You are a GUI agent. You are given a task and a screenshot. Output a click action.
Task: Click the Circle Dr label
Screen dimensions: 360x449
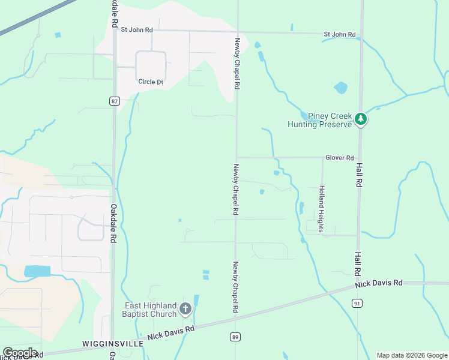click(151, 82)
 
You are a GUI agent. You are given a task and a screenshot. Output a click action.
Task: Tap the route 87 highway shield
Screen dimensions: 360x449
click(114, 101)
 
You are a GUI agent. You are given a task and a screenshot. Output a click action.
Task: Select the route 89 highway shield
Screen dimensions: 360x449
click(235, 337)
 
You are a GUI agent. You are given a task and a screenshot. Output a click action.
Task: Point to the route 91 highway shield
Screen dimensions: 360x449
click(358, 304)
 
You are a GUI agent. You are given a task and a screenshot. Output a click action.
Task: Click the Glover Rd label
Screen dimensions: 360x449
click(339, 158)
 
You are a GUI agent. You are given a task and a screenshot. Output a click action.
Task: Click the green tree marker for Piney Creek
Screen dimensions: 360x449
click(360, 119)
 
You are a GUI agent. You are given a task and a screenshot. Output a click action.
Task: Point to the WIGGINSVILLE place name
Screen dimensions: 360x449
click(113, 344)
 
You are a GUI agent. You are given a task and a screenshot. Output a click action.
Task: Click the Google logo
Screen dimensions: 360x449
click(20, 353)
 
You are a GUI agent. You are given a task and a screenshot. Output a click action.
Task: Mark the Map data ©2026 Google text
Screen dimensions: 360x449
click(411, 355)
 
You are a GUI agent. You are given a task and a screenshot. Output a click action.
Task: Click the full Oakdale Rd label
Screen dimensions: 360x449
click(113, 223)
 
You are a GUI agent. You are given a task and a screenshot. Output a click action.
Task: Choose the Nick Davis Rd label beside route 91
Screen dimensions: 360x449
click(378, 283)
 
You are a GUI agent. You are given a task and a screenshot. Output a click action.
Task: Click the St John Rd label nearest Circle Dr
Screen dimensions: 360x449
click(137, 29)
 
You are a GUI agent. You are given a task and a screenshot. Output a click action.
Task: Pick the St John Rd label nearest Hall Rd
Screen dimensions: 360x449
click(340, 35)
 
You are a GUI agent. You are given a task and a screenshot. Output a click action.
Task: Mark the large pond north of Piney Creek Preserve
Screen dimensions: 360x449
click(340, 88)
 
